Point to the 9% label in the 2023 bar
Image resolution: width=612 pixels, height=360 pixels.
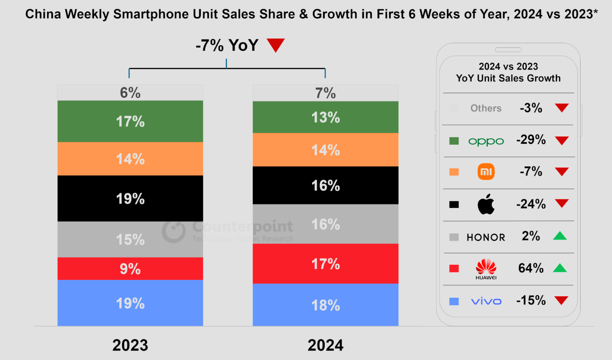click(x=130, y=269)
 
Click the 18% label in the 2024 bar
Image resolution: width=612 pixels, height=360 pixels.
click(x=325, y=305)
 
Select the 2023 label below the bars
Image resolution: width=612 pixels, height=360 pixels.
click(x=130, y=345)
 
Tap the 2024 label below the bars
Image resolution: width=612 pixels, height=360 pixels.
click(x=325, y=345)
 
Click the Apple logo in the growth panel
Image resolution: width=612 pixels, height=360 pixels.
click(x=486, y=204)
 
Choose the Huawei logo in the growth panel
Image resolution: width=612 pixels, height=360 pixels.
click(x=486, y=269)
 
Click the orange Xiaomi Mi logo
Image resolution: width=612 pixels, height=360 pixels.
click(x=486, y=171)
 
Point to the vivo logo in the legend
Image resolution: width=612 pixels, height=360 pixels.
click(x=486, y=301)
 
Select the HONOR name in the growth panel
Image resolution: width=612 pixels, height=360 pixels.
click(x=486, y=237)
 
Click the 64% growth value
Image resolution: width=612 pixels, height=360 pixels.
click(x=531, y=268)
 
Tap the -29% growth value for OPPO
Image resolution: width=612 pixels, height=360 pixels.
click(x=531, y=140)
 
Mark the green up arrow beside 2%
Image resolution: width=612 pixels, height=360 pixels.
click(x=560, y=236)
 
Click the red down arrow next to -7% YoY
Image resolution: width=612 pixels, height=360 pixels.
click(x=276, y=45)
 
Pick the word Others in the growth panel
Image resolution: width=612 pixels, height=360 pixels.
click(x=486, y=108)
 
